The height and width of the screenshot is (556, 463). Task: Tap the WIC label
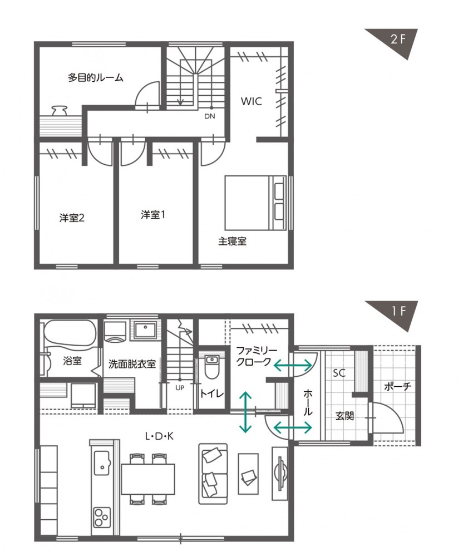252,101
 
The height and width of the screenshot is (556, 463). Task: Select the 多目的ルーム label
96,78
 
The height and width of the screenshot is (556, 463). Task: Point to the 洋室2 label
72,218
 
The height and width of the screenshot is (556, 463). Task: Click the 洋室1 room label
153,214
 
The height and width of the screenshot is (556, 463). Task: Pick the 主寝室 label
232,242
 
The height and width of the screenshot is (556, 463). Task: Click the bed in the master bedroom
255,203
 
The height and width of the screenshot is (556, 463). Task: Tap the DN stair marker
210,116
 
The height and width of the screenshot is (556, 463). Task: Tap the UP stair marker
180,388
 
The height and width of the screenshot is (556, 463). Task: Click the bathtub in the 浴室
70,334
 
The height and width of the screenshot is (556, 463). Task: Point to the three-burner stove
102,518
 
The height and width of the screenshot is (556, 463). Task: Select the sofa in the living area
213,474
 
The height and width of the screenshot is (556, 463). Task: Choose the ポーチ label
398,386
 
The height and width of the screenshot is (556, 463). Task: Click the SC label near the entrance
339,373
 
